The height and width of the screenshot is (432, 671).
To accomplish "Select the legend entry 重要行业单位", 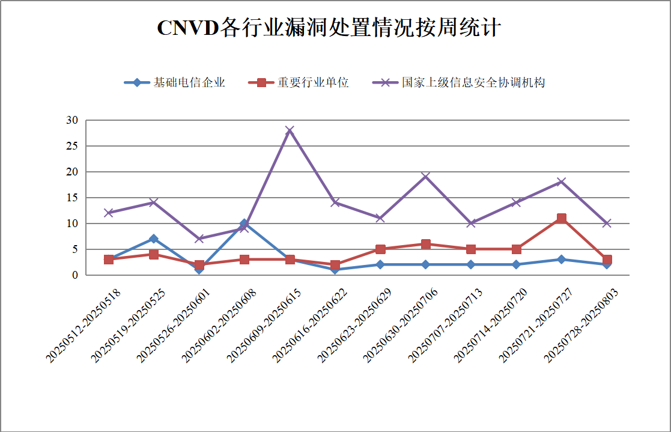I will (312, 83).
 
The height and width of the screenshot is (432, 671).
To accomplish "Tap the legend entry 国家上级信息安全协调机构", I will (473, 83).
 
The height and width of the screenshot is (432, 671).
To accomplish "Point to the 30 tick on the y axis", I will (72, 120).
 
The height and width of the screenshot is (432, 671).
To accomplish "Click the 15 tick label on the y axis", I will (72, 198).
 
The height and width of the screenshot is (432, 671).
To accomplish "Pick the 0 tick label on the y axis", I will (75, 275).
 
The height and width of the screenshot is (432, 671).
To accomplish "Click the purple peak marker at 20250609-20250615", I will (290, 130).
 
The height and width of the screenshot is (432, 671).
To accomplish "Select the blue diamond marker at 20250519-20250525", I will (154, 239).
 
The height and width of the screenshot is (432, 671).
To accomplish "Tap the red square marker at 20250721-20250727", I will (561, 218).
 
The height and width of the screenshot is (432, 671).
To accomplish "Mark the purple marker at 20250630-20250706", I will (425, 177).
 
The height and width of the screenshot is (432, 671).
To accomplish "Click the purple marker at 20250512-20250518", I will (109, 213).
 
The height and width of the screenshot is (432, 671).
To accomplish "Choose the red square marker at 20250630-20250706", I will (425, 244).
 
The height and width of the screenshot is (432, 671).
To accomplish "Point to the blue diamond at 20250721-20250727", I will (561, 260).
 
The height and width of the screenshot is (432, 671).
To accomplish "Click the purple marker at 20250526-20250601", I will (199, 239).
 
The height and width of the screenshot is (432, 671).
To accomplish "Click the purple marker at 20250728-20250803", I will (607, 224).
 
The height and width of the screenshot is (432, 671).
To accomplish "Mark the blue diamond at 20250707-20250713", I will (471, 265).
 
